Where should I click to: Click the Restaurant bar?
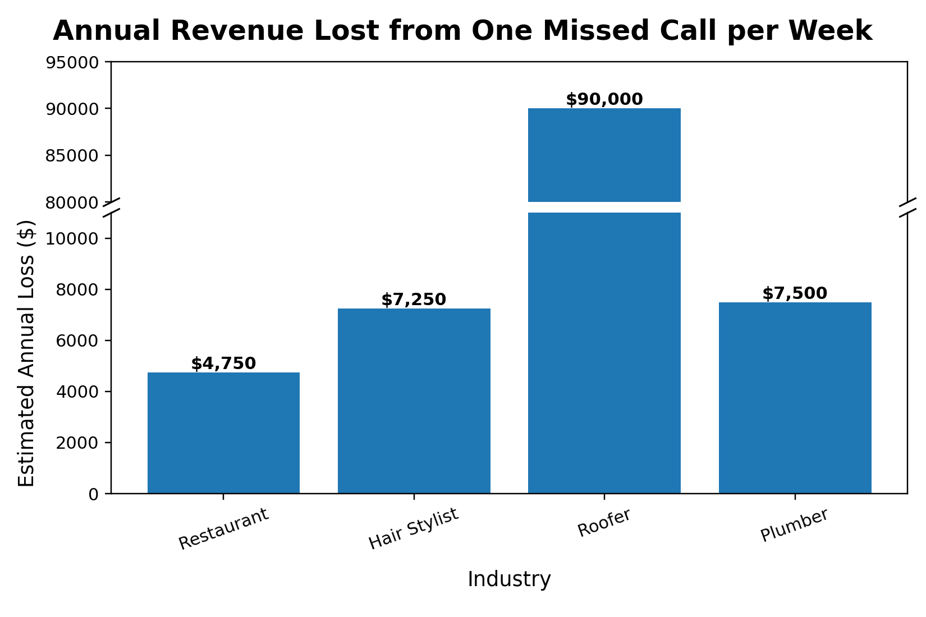(x=223, y=433)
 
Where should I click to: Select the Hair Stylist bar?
(x=414, y=401)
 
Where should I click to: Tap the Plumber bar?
(x=795, y=398)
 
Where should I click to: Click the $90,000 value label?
(x=604, y=100)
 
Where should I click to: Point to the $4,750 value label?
(x=223, y=364)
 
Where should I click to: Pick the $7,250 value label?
(x=414, y=300)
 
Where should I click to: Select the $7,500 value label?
(x=795, y=294)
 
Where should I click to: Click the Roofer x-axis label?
(x=604, y=522)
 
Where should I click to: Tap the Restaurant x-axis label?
(x=224, y=529)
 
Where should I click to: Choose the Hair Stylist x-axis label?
(x=414, y=528)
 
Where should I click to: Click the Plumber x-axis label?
(x=794, y=526)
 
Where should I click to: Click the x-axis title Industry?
(x=509, y=579)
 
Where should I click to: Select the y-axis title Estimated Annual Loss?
(x=26, y=353)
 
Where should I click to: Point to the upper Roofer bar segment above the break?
(x=604, y=155)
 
